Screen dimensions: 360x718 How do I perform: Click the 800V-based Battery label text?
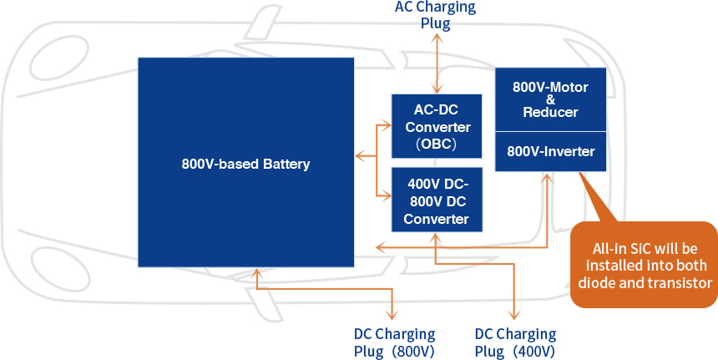(245, 164)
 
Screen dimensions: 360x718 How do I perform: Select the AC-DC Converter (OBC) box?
(436, 126)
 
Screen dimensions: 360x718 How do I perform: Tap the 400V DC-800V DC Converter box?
(436, 200)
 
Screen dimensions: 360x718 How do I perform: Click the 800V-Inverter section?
(550, 152)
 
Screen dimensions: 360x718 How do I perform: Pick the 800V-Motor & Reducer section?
(550, 99)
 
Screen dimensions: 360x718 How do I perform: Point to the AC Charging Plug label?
(435, 15)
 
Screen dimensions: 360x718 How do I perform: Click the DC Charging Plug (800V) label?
(393, 342)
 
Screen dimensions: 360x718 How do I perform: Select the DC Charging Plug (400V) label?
(515, 342)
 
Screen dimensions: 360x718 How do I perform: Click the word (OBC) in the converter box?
(436, 144)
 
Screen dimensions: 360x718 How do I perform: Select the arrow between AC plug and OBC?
(435, 62)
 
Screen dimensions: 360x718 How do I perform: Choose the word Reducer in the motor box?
(550, 113)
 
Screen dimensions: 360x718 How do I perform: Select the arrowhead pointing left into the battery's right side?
(359, 155)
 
